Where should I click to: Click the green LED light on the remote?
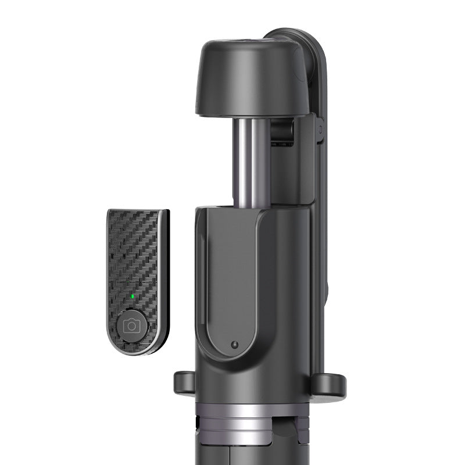tap(133, 296)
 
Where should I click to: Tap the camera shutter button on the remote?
tap(132, 325)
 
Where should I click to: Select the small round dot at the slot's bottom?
tap(234, 344)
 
